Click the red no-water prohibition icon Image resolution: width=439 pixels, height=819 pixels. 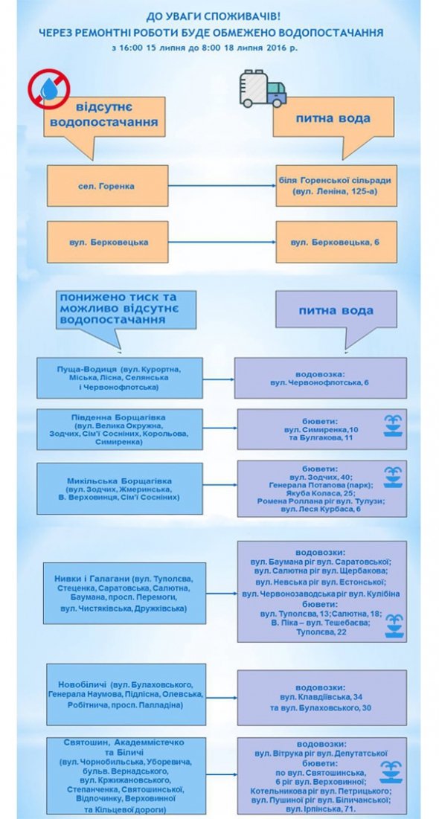(x=49, y=90)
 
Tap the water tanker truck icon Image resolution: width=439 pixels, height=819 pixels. (x=263, y=89)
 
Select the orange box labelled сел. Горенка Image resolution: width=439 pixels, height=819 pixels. (x=108, y=185)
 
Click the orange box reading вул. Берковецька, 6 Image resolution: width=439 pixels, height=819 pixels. (x=336, y=242)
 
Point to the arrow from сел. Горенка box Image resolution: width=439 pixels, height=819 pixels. (x=222, y=185)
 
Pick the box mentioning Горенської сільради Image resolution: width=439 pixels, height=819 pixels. (x=336, y=185)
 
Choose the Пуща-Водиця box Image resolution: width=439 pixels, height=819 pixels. (x=120, y=378)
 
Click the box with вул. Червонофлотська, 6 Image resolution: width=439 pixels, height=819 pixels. (x=321, y=378)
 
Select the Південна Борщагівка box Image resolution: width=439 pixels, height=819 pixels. (x=120, y=429)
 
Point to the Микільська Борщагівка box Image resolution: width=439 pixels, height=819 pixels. (x=120, y=489)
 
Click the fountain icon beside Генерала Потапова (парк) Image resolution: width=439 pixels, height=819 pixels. (x=393, y=478)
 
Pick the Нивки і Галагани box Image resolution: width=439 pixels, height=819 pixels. (x=124, y=594)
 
